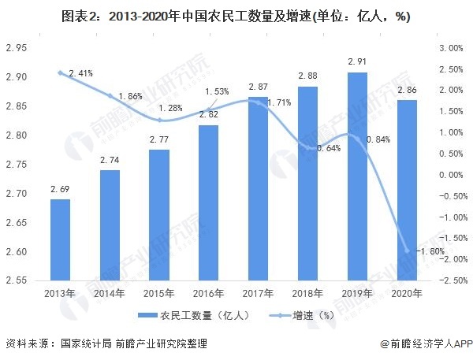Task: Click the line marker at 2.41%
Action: coord(61,72)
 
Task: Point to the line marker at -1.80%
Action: coord(407,250)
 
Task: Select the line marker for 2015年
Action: coord(161,120)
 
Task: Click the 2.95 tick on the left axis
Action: coord(16,48)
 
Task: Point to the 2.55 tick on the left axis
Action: coord(16,280)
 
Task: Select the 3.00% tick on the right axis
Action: coord(450,48)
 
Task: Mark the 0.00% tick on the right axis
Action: coord(450,175)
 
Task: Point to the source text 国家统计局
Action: coord(84,344)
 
